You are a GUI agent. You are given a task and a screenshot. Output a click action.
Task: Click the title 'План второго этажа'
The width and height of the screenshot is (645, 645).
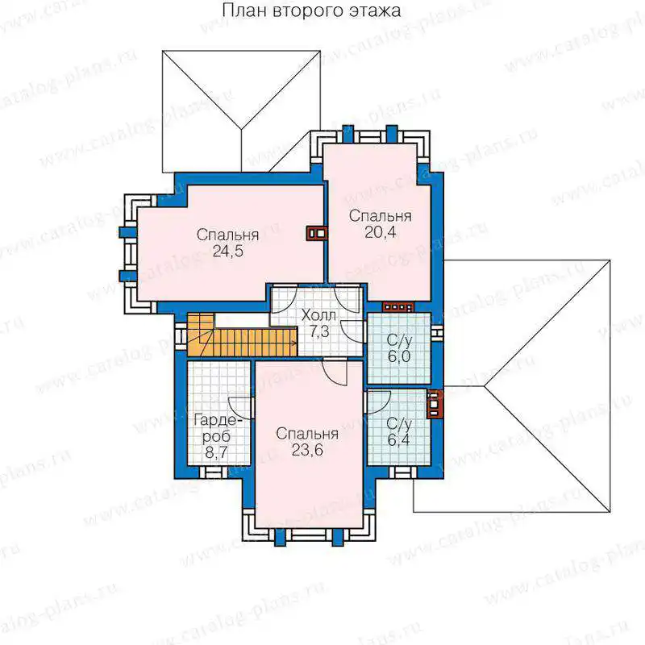[311, 10]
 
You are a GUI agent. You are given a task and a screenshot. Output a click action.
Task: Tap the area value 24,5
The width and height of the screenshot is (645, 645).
[228, 252]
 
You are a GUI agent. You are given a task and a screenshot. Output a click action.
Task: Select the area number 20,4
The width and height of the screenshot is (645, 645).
[380, 232]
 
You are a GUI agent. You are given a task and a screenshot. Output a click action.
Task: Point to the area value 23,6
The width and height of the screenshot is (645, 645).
[307, 451]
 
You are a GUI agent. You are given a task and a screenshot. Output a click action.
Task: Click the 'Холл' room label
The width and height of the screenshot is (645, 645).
[318, 315]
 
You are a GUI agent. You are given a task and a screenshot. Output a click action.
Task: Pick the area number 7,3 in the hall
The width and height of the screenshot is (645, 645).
[319, 331]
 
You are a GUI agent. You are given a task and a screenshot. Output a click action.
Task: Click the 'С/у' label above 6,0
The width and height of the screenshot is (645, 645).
[399, 341]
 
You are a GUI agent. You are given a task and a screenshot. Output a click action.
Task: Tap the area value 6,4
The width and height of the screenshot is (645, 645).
[398, 439]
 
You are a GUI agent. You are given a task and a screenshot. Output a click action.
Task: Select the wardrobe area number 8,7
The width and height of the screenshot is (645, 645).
[216, 453]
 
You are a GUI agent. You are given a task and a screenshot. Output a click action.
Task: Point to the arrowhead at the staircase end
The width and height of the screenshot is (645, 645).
[294, 342]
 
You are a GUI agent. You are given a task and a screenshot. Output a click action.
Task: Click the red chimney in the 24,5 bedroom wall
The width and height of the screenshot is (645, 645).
[317, 234]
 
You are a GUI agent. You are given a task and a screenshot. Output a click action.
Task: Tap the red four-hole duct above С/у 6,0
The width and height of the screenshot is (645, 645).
[398, 307]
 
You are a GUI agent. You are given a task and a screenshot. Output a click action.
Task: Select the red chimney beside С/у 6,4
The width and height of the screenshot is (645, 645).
[435, 404]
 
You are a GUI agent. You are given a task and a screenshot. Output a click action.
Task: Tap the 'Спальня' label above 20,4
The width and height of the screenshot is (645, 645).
[380, 216]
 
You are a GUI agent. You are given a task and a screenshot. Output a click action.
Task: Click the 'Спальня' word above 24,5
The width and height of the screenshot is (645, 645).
[227, 235]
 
